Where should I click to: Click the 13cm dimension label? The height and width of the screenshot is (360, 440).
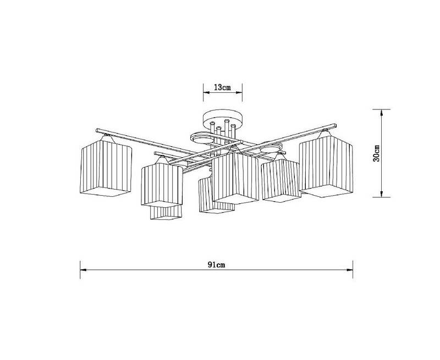point(222,87)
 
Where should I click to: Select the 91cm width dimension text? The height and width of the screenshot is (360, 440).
point(216,265)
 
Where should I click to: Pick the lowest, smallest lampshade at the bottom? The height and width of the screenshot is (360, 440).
point(166,213)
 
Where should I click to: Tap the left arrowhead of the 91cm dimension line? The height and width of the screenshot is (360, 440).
point(83,270)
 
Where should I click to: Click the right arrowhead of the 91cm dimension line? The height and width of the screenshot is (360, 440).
point(350,270)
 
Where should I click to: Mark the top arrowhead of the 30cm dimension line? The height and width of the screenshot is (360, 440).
point(381,113)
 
